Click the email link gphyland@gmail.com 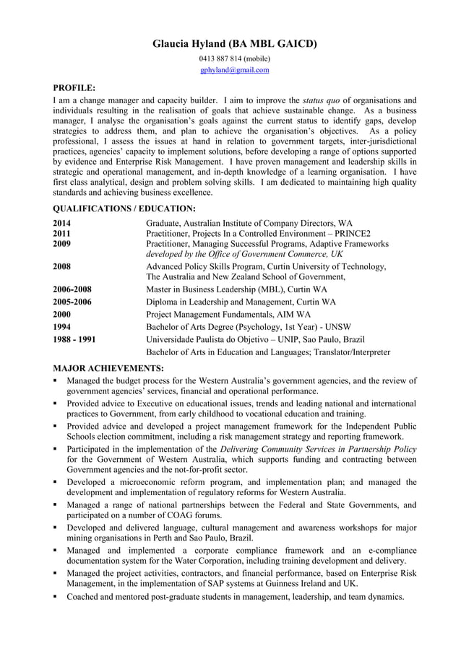(234, 70)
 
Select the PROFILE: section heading (74, 88)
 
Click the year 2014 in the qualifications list (63, 223)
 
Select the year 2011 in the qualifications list (63, 234)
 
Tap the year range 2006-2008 (72, 289)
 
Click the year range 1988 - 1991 (74, 339)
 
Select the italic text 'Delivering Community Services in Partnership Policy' (317, 449)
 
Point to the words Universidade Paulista (187, 339)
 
